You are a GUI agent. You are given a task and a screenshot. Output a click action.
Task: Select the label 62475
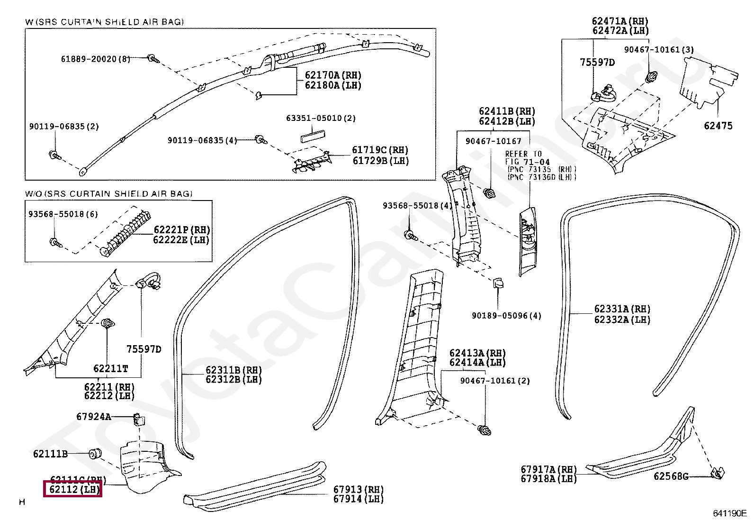[718, 126]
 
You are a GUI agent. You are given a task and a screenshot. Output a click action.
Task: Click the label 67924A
[93, 417]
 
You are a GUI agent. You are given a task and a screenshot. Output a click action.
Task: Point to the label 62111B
[50, 454]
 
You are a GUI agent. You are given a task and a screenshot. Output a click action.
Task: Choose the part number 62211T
[110, 368]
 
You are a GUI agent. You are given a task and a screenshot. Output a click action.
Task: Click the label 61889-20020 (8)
[95, 59]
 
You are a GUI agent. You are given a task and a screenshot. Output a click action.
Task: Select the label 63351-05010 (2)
[321, 118]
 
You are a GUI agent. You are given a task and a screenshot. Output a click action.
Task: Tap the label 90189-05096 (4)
[506, 316]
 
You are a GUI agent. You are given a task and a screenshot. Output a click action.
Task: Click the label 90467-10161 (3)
[659, 49]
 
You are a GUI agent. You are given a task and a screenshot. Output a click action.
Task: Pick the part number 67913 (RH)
[358, 489]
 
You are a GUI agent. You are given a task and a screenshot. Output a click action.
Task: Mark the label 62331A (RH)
[622, 309]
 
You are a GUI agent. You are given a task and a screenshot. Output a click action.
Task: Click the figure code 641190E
[729, 513]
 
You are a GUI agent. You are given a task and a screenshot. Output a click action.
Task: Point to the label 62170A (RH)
[333, 75]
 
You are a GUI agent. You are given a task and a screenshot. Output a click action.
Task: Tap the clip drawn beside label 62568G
[718, 473]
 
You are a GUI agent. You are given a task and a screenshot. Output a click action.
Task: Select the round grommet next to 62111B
[95, 454]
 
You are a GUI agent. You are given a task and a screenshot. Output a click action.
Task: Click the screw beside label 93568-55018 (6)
[54, 242]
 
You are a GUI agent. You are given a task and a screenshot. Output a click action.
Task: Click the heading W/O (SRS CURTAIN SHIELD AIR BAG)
[109, 193]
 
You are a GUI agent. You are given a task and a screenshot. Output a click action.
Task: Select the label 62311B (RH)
[233, 370]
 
